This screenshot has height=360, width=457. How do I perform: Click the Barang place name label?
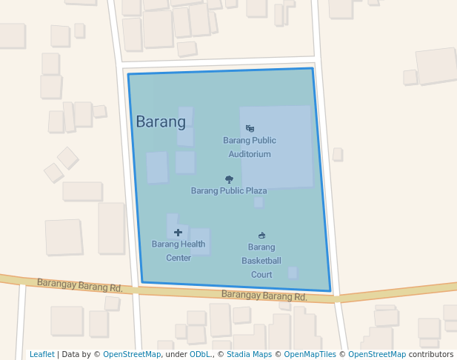click(160, 122)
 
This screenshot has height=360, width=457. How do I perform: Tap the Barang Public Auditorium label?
click(250, 147)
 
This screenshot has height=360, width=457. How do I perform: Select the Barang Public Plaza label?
click(229, 190)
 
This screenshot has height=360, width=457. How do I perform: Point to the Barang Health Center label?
click(179, 250)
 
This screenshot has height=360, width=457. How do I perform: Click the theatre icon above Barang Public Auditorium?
click(250, 128)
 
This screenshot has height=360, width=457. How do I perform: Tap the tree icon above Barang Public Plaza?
click(229, 179)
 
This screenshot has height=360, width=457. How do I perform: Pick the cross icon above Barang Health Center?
click(178, 233)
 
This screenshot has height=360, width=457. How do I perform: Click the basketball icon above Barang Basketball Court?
click(261, 236)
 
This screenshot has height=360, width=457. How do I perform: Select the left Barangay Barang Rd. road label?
click(80, 285)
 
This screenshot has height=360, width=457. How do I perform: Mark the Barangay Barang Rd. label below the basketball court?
click(264, 296)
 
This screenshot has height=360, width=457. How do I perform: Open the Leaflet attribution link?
click(41, 355)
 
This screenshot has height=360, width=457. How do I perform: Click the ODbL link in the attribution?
click(199, 355)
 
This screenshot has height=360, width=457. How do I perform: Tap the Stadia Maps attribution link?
click(249, 355)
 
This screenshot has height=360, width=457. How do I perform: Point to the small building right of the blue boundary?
click(337, 154)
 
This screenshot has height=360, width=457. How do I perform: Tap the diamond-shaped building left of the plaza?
click(67, 158)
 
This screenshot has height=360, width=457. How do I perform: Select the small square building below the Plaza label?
click(258, 202)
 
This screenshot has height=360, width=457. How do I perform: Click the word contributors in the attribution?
click(431, 355)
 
